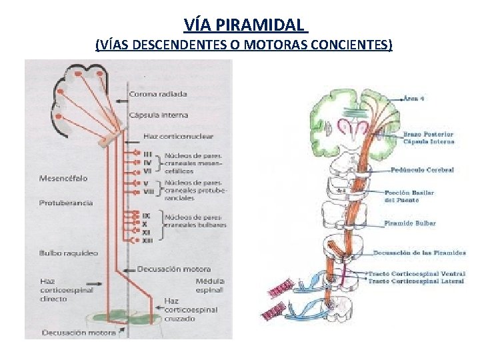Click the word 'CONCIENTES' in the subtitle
[352, 45]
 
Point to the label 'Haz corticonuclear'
[178, 137]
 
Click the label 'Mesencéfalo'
[63, 179]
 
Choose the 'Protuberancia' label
[65, 203]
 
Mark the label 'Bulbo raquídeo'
[68, 253]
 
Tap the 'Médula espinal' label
[209, 285]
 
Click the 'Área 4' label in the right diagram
[413, 98]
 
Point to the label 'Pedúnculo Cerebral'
[423, 170]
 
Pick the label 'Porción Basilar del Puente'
[409, 196]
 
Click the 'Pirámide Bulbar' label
[410, 223]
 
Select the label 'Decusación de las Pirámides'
[419, 253]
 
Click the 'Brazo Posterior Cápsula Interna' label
[428, 138]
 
